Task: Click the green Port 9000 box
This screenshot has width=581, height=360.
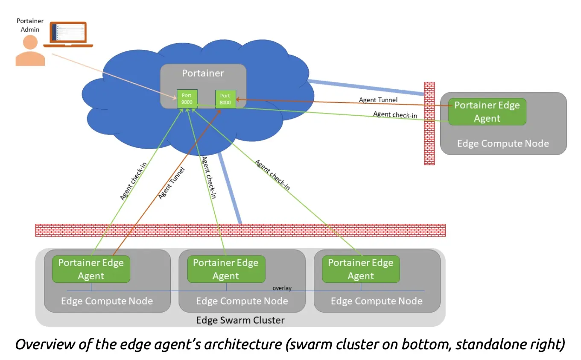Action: click(187, 99)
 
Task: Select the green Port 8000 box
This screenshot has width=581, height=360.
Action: click(225, 99)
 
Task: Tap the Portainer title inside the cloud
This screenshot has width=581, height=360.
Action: click(203, 73)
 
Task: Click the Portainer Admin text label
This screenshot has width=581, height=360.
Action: click(30, 25)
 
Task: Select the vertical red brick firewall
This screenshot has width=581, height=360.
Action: click(429, 123)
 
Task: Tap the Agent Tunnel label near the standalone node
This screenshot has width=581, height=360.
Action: click(378, 100)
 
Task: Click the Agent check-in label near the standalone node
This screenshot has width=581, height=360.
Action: click(395, 114)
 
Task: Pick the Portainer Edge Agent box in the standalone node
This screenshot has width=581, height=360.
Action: click(487, 112)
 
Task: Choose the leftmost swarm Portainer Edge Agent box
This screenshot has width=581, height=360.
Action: click(91, 269)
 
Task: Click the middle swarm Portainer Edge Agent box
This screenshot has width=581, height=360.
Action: click(226, 269)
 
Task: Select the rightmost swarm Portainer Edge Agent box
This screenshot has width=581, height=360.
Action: click(361, 269)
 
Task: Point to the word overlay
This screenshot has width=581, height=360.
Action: click(282, 288)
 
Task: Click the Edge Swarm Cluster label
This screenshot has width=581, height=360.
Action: click(240, 320)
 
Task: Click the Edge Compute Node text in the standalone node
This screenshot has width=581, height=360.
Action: click(503, 143)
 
